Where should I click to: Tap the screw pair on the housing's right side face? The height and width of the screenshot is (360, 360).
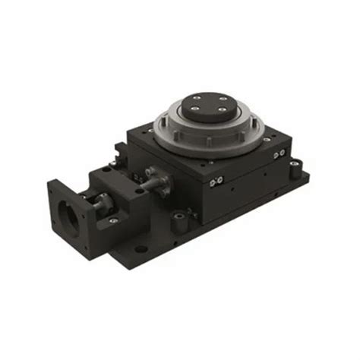[x=279, y=154]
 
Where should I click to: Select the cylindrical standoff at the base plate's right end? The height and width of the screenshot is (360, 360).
[x=295, y=171]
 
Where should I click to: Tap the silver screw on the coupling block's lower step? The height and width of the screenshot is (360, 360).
[x=113, y=220]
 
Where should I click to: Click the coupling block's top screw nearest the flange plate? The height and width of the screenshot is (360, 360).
[x=106, y=169]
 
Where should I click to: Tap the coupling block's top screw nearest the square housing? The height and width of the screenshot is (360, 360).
[x=139, y=191]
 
